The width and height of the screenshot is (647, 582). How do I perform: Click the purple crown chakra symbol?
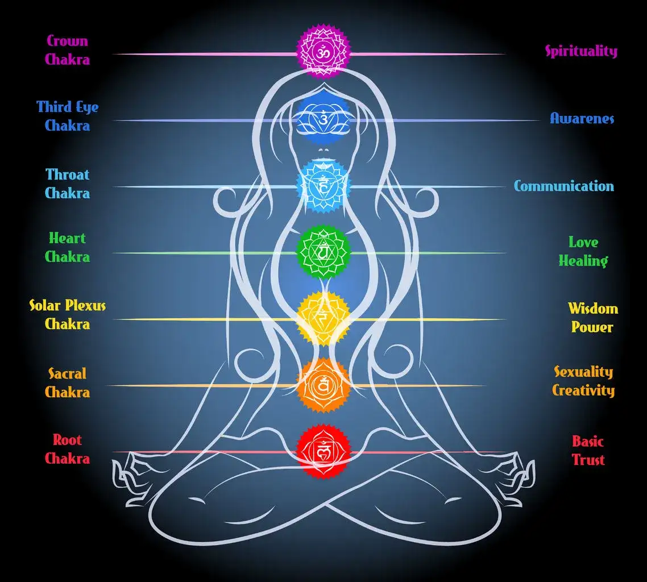click(x=323, y=51)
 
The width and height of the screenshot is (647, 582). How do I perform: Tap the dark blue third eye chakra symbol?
click(x=323, y=119)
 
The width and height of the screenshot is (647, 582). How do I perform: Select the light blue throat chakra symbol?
click(x=323, y=186)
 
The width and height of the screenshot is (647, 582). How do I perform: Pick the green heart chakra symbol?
click(x=323, y=252)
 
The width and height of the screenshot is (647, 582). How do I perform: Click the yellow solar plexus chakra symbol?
click(x=323, y=318)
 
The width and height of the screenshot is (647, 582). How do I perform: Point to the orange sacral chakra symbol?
click(x=323, y=385)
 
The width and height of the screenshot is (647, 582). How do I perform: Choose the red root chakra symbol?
click(x=323, y=452)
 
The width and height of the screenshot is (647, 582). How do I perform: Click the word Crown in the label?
click(x=67, y=41)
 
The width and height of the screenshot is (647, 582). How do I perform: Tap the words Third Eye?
click(x=67, y=107)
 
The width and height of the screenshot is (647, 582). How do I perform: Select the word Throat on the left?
click(x=67, y=174)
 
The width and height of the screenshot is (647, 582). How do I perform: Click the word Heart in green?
click(x=67, y=238)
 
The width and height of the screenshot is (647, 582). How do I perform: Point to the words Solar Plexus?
click(x=67, y=306)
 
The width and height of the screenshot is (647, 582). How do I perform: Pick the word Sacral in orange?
click(x=67, y=374)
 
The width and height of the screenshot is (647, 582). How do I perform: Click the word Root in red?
click(x=67, y=440)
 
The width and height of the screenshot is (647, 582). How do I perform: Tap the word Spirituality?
click(x=582, y=51)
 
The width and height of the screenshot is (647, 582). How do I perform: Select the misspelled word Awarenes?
click(x=582, y=119)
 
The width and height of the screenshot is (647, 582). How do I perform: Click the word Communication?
click(x=563, y=186)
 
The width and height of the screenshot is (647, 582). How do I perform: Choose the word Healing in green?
click(x=583, y=261)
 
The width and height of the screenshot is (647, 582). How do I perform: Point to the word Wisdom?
click(x=593, y=309)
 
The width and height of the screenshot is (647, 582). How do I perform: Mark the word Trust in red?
click(x=588, y=460)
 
